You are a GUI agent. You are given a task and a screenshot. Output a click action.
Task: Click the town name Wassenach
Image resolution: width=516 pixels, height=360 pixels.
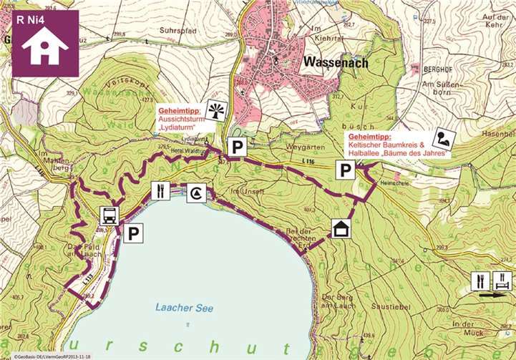[336, 62]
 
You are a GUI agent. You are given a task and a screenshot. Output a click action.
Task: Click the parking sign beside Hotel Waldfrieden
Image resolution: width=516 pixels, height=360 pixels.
[235, 147]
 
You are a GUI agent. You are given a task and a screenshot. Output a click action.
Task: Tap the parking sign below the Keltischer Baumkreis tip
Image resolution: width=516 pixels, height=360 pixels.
[346, 170]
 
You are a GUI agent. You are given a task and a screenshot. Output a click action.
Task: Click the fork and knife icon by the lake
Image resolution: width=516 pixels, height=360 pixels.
[160, 191]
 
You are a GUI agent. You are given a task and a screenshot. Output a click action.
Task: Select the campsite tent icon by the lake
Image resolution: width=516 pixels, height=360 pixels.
[197, 191]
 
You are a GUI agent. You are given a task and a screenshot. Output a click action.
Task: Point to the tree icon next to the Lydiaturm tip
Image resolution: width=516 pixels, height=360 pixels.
[214, 110]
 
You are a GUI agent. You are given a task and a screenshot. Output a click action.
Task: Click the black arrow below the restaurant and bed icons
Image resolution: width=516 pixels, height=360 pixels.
[490, 293]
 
